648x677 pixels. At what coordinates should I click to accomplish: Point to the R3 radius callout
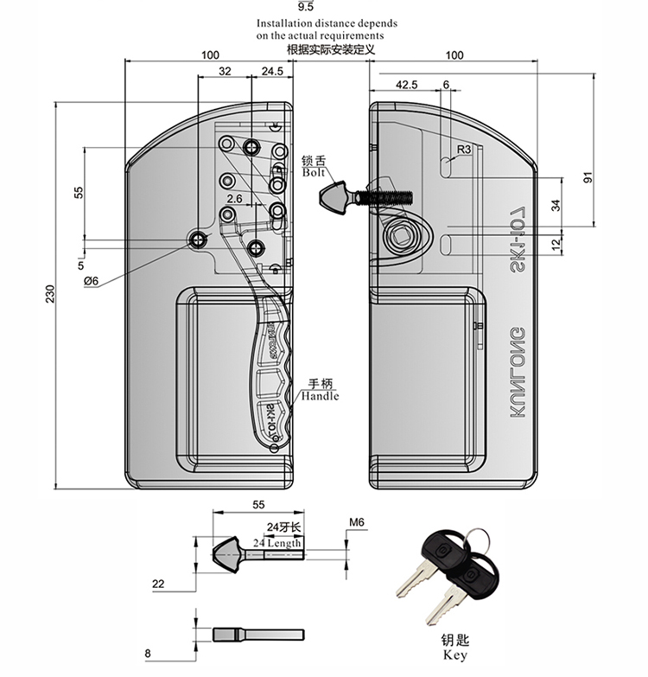(x=463, y=149)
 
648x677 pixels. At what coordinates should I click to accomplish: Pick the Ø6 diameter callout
(x=92, y=279)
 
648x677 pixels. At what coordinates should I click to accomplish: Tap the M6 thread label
(x=358, y=521)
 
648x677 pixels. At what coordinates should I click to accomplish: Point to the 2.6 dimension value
(x=234, y=198)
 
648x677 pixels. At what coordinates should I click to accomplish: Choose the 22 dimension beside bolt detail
(x=158, y=584)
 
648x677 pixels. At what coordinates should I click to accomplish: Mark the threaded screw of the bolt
(x=389, y=193)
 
